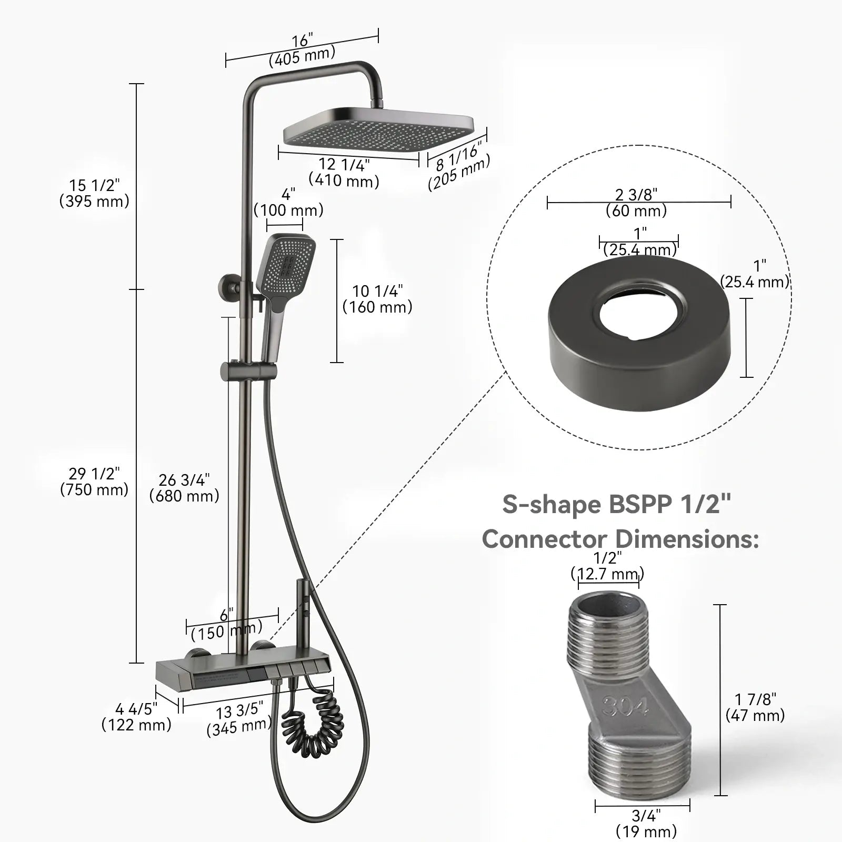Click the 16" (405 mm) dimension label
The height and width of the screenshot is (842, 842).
pyautogui.click(x=302, y=49)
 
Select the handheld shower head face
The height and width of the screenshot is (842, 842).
pyautogui.click(x=289, y=268)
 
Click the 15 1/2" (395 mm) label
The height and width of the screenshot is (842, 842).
pyautogui.click(x=94, y=193)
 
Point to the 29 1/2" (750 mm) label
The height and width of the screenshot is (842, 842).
pyautogui.click(x=94, y=482)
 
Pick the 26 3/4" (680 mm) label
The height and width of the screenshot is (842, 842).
pyautogui.click(x=184, y=488)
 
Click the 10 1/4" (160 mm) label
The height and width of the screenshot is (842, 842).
pyautogui.click(x=377, y=299)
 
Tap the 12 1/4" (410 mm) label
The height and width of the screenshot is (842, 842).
pyautogui.click(x=344, y=173)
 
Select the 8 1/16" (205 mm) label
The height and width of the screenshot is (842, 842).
pyautogui.click(x=458, y=167)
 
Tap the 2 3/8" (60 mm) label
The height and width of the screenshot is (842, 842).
pyautogui.click(x=636, y=203)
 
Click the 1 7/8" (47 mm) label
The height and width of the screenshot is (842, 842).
pyautogui.click(x=755, y=707)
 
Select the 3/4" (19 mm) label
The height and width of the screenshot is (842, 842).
pyautogui.click(x=646, y=824)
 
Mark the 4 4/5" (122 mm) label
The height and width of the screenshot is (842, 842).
pyautogui.click(x=136, y=717)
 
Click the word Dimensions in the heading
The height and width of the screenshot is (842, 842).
pyautogui.click(x=687, y=539)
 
